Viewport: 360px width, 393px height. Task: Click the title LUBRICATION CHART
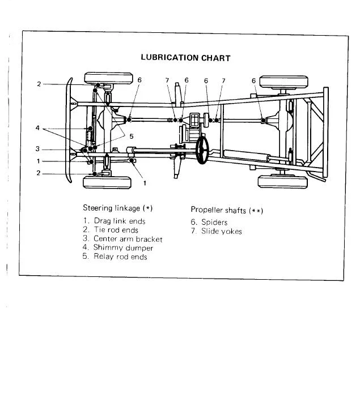click(185, 58)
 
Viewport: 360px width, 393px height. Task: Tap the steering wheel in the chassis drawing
click(202, 150)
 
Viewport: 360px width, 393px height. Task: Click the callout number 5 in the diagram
click(132, 136)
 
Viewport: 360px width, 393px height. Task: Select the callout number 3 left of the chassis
click(37, 149)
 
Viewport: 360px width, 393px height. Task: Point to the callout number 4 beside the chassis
click(37, 128)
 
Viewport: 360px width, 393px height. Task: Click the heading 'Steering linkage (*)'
click(118, 208)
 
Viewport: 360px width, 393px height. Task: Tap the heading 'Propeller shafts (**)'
click(227, 210)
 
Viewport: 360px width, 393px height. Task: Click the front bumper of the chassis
click(67, 130)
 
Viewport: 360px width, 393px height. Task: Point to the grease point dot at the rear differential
click(263, 121)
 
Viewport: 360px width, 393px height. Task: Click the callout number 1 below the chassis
click(145, 183)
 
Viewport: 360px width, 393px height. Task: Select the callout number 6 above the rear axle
click(253, 81)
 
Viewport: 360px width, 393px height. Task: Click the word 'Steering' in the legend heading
click(98, 208)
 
